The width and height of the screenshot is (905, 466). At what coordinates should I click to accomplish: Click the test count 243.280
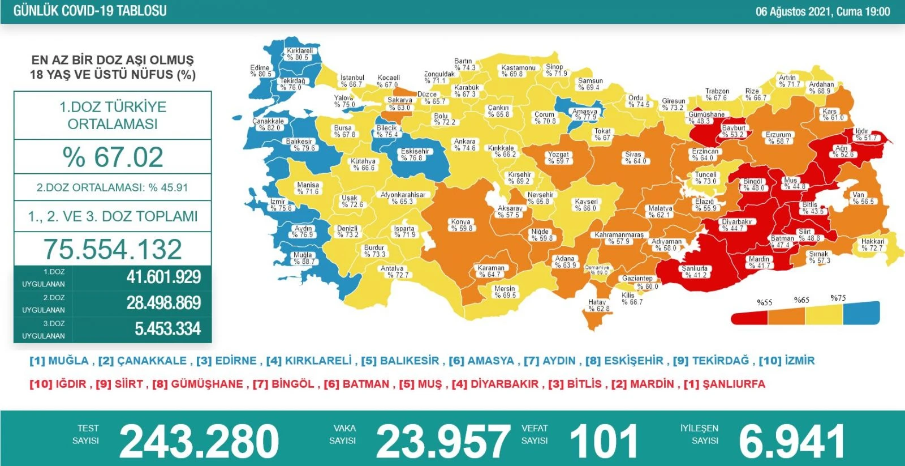click(x=199, y=442)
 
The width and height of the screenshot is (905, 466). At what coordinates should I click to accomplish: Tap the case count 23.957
click(x=443, y=442)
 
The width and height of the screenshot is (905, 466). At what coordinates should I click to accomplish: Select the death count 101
click(x=604, y=442)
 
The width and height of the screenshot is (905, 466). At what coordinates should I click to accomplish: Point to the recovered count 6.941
click(x=792, y=442)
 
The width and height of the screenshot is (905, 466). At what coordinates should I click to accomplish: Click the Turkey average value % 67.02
click(x=113, y=157)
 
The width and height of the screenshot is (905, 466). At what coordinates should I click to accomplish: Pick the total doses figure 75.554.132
click(x=113, y=250)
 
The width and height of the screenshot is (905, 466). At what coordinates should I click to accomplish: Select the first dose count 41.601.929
click(x=163, y=277)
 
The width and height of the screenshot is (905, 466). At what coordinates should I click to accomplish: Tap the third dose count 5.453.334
click(x=167, y=329)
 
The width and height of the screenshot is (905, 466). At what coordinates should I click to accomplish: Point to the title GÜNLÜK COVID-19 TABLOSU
click(x=90, y=11)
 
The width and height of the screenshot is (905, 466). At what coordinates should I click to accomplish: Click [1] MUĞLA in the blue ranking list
click(x=59, y=361)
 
